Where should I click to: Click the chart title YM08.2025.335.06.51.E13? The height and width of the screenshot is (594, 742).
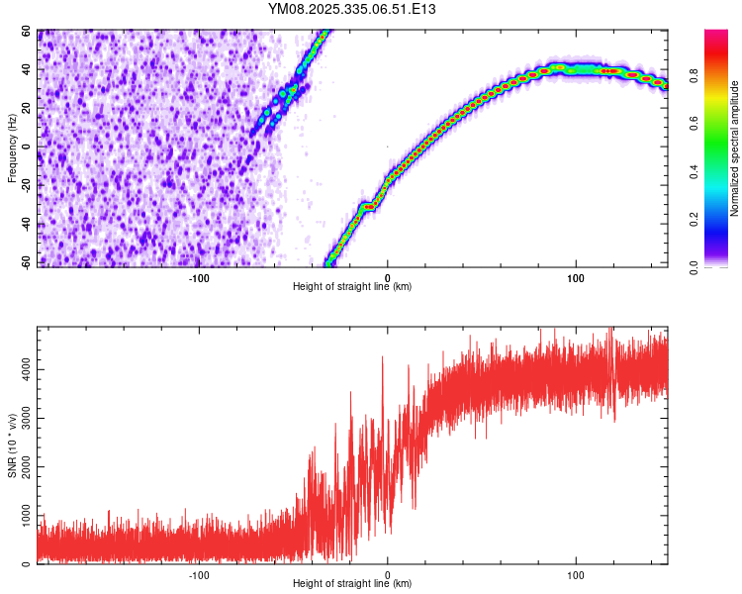pos(352,9)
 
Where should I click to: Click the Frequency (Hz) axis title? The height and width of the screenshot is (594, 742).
pos(13,148)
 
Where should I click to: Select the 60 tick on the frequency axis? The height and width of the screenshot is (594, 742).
pos(28,32)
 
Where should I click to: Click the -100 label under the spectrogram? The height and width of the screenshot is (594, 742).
pos(199,277)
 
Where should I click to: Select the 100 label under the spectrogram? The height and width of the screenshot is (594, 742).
pos(575,277)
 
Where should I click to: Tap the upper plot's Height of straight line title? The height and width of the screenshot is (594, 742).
pos(352,287)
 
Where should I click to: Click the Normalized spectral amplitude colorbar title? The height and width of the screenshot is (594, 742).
pos(735,148)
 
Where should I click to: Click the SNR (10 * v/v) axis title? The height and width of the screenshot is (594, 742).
pos(13,448)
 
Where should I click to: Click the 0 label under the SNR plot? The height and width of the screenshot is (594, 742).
pos(387,575)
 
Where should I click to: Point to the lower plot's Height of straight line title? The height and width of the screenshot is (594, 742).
pos(352,585)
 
